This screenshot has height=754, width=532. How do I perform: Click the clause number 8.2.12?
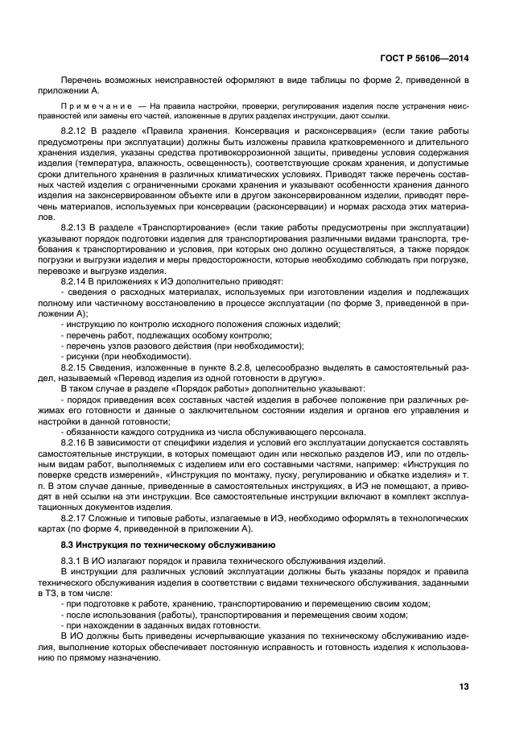75,129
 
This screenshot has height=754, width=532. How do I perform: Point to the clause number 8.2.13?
75,228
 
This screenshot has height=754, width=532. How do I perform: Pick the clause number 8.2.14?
75,281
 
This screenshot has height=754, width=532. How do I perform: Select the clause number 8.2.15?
75,367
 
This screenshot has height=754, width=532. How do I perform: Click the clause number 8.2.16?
75,441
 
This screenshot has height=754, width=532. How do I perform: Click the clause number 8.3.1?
72,560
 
